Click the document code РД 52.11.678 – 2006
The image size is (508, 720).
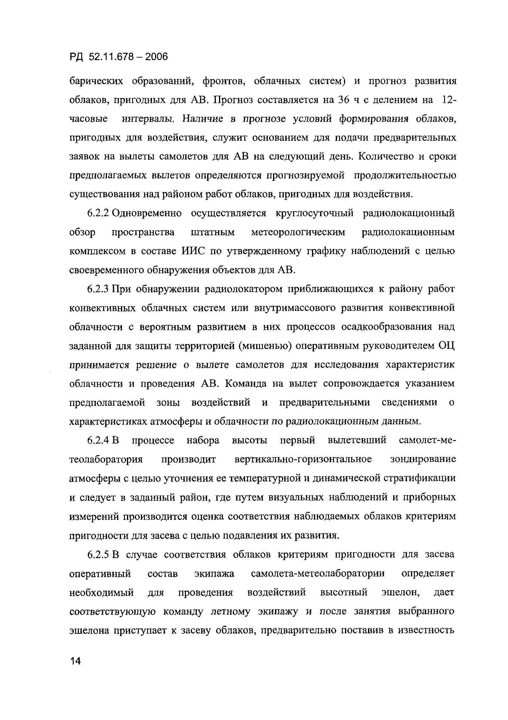(x=119, y=57)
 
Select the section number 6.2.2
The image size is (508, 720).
(x=98, y=213)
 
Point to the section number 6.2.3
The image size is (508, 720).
(x=98, y=289)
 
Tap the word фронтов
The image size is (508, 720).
(x=223, y=81)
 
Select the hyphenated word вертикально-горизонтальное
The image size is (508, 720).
(x=303, y=459)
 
